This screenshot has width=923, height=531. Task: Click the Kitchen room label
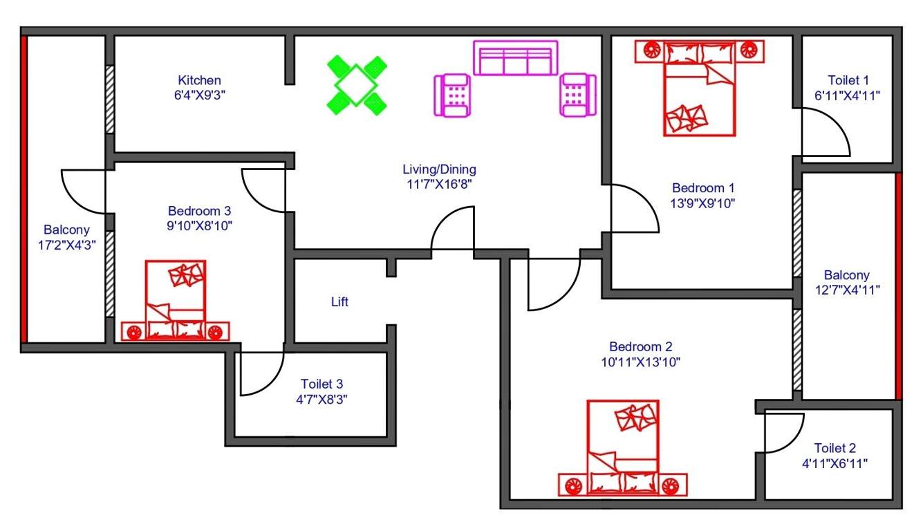click(199, 80)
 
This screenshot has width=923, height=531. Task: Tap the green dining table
click(356, 85)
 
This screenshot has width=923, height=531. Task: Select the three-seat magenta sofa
click(515, 58)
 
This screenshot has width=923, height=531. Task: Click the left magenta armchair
click(453, 95)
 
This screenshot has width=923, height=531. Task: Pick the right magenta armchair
click(577, 95)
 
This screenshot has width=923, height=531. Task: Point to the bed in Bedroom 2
click(622, 442)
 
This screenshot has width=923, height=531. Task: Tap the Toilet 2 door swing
click(783, 432)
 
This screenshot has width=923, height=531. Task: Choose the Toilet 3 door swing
click(260, 373)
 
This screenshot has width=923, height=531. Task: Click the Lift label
click(339, 302)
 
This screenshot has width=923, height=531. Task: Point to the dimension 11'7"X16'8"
click(439, 184)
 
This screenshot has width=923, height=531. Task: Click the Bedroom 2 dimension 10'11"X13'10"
click(640, 362)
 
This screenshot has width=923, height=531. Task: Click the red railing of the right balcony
click(898, 285)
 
